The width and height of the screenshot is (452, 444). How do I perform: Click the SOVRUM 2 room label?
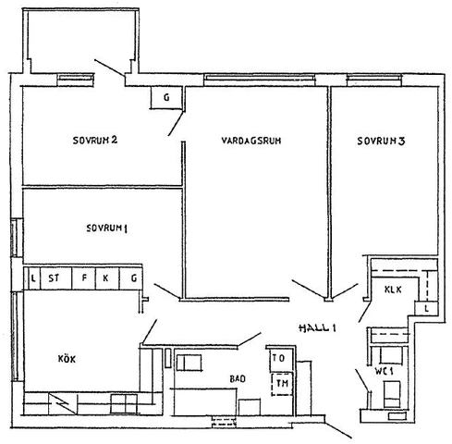click(95, 141)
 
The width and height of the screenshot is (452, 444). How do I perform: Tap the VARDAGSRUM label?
click(251, 141)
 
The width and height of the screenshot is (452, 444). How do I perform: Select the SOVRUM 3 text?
click(381, 141)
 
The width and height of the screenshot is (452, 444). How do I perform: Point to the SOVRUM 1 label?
click(107, 228)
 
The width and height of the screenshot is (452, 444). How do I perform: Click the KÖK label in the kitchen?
click(67, 359)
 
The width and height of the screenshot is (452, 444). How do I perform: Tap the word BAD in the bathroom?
click(238, 378)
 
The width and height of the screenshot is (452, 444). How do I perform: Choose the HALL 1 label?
click(317, 327)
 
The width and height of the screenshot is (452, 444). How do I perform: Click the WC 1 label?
click(384, 371)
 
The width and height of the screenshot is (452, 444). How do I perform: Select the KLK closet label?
click(393, 290)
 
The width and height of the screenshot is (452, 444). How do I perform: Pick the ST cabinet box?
click(55, 278)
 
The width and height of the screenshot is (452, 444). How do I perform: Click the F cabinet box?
click(84, 278)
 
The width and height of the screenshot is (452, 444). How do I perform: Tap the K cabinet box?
click(107, 278)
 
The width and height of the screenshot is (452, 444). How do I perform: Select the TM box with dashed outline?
click(282, 384)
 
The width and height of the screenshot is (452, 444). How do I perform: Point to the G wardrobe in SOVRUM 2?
click(166, 97)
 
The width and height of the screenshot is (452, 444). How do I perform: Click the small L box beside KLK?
click(426, 308)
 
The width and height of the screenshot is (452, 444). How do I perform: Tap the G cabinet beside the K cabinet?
click(130, 278)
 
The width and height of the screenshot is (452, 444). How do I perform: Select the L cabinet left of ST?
click(32, 278)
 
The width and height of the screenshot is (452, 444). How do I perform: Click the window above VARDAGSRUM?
click(260, 80)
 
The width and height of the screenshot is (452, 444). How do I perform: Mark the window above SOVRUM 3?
click(374, 80)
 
